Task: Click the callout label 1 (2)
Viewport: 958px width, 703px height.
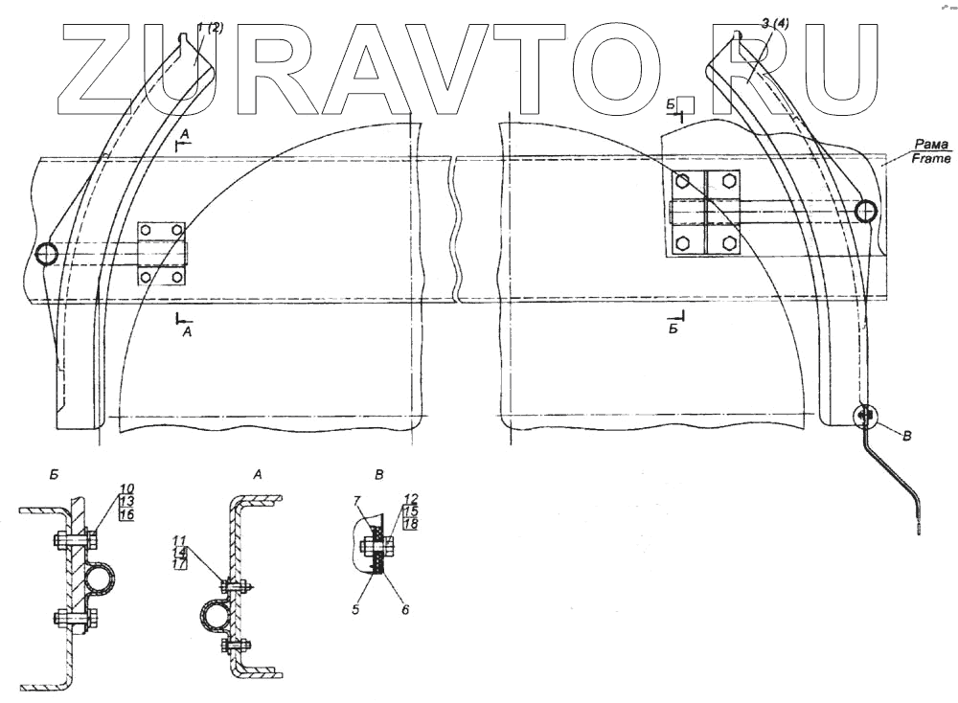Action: [210, 29]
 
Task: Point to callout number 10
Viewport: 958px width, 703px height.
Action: [126, 488]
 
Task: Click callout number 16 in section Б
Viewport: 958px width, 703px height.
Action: [126, 515]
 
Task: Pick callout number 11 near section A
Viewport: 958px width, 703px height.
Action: [181, 538]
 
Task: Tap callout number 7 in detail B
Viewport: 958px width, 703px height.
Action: [356, 501]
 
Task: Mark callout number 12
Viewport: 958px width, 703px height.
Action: [411, 500]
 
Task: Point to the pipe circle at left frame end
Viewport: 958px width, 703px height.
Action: [45, 253]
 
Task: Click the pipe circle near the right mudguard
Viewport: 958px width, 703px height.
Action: [866, 211]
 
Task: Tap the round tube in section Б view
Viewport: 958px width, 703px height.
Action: [101, 580]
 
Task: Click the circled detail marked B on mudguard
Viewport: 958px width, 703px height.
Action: [865, 416]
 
